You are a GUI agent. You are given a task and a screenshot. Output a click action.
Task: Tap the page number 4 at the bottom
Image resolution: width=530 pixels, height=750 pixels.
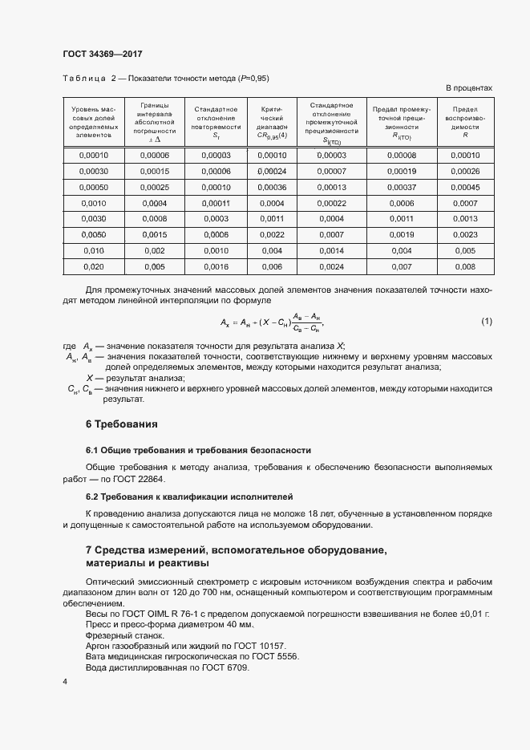coord(65,681)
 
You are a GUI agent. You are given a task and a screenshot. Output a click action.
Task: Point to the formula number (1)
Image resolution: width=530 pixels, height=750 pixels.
coord(486,322)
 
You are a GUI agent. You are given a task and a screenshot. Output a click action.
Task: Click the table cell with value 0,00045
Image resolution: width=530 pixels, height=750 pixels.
coord(465,187)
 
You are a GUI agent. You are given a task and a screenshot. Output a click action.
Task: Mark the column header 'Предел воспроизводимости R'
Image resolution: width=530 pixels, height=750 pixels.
coord(465,123)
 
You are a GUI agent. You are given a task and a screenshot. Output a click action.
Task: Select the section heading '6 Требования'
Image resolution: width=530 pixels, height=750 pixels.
coord(121,424)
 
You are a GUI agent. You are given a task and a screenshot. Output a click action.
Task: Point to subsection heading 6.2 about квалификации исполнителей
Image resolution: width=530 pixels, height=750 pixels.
coord(189,497)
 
